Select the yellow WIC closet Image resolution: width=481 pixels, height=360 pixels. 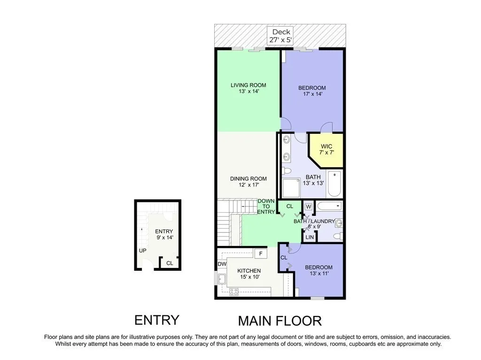tap(326, 150)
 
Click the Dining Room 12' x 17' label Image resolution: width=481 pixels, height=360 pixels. tap(248, 182)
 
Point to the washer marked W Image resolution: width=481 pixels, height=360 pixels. tap(309, 207)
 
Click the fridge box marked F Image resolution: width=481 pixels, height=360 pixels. tap(261, 253)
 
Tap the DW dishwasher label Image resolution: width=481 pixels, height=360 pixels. tap(222, 264)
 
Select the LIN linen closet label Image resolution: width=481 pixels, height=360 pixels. tap(310, 237)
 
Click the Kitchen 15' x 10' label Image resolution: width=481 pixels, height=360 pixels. tap(249, 274)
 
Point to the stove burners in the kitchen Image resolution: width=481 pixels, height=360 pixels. tap(234, 291)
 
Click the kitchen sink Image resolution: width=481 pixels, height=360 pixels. tap(222, 279)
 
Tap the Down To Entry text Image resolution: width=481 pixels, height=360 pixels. tap(266, 207)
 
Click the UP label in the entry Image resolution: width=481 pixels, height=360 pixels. tap(143, 251)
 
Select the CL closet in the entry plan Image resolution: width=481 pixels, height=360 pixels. tap(170, 263)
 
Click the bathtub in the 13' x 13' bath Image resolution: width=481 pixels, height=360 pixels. tap(334, 184)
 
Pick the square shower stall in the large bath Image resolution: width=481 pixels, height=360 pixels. tap(291, 188)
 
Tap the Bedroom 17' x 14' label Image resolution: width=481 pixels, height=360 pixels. tap(312, 91)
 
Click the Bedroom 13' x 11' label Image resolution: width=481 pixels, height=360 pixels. tap(319, 270)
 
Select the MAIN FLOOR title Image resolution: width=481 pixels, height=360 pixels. tap(280, 321)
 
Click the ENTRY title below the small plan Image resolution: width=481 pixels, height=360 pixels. tap(157, 320)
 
